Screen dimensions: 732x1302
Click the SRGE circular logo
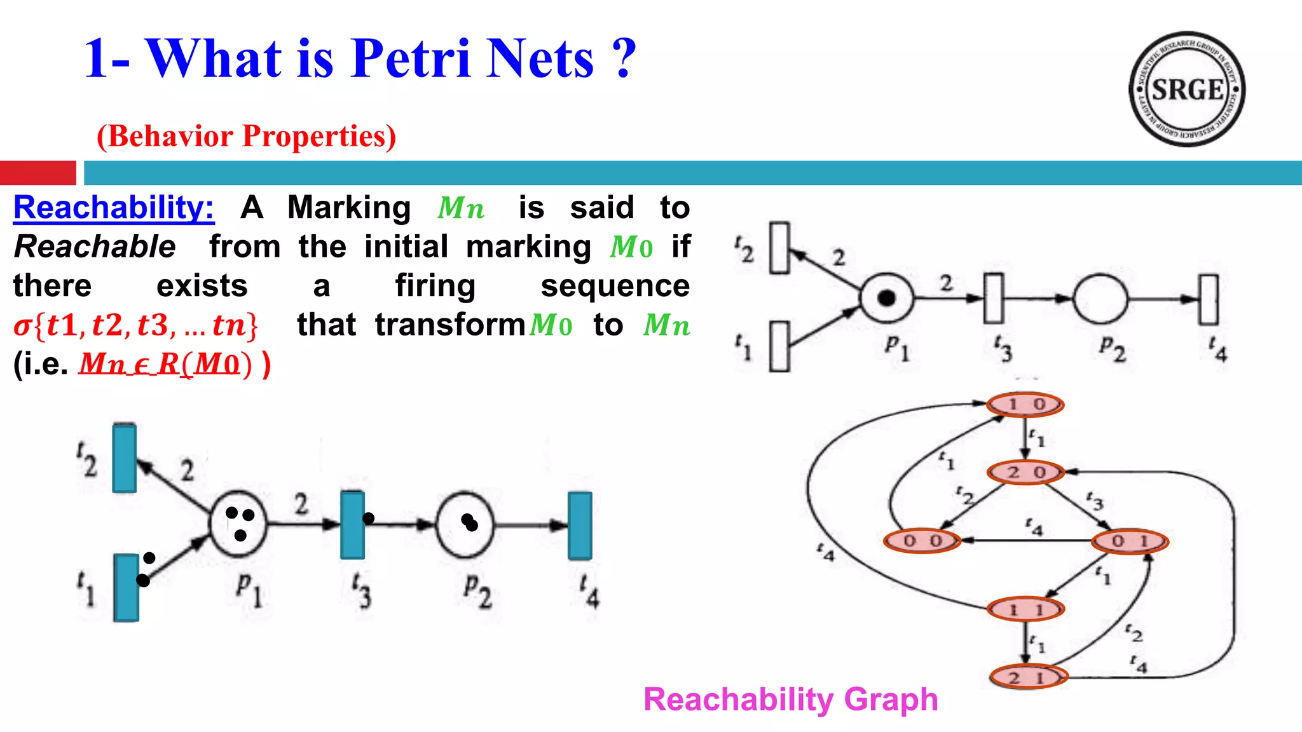point(1187,89)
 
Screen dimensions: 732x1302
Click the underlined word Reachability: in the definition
point(114,208)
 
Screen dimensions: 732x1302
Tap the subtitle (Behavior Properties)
point(246,136)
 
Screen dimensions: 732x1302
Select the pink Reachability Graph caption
point(790,700)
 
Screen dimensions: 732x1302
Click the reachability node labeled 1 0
point(1025,404)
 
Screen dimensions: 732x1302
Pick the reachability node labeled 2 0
point(1025,472)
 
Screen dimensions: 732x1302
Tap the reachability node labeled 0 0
point(922,541)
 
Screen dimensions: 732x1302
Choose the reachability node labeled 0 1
point(1130,541)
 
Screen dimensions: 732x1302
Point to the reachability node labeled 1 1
point(1025,609)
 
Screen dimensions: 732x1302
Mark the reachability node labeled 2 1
point(1027,677)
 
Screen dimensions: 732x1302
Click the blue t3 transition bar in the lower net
point(352,525)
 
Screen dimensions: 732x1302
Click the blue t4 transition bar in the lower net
point(580,525)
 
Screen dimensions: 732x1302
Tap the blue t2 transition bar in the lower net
point(125,458)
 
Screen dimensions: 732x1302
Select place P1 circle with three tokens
point(238,524)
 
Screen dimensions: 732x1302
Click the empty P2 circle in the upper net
point(1100,299)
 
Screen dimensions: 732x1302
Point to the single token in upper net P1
point(886,297)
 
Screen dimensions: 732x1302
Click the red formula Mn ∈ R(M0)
point(165,364)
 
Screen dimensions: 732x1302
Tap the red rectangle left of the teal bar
point(38,173)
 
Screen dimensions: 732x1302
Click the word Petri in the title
point(411,58)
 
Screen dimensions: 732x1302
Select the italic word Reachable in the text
point(95,247)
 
